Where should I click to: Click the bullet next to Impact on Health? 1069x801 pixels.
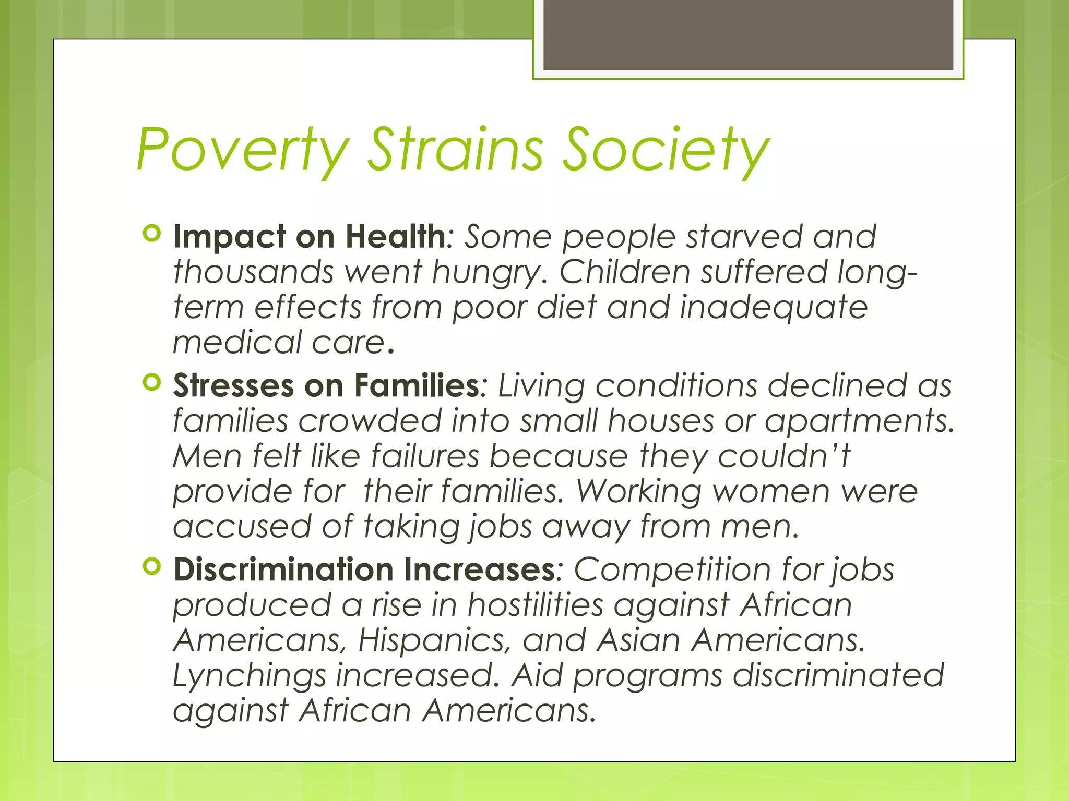coord(151,234)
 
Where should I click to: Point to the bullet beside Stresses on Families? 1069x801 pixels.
coord(151,383)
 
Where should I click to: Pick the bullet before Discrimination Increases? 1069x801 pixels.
coord(151,566)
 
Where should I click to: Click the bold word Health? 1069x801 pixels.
coord(395,237)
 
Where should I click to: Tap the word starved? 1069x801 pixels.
coord(744,237)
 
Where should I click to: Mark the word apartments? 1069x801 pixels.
coord(859,422)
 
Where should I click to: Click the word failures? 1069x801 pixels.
coord(424,456)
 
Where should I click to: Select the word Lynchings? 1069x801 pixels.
coord(249,676)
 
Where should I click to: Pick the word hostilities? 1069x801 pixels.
coord(534,605)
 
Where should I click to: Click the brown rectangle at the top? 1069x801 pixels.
coord(748,35)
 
